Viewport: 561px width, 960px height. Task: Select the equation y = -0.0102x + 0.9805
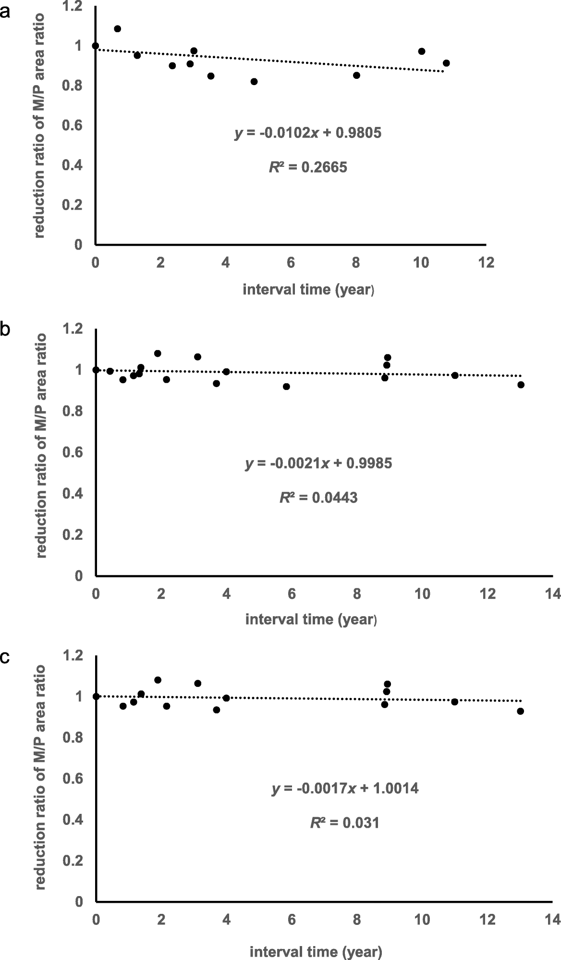[308, 133]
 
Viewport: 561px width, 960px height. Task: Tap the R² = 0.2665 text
[308, 167]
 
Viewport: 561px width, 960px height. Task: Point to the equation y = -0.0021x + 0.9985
[319, 463]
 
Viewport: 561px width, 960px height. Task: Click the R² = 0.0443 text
[319, 498]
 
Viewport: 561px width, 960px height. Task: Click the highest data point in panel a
[117, 29]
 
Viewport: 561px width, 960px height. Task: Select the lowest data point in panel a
[254, 82]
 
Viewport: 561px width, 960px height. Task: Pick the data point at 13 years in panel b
[521, 385]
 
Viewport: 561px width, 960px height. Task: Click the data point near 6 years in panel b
[287, 386]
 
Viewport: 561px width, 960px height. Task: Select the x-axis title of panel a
[308, 290]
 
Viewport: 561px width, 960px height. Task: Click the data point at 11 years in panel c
[454, 702]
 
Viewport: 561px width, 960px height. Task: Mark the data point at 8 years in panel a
[356, 75]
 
